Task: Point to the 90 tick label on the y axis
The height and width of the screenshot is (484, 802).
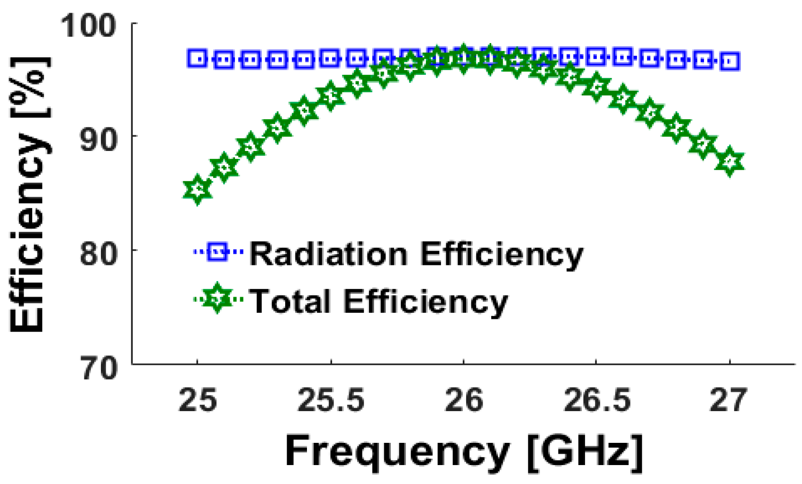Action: (98, 139)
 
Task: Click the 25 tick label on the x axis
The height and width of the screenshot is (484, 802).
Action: (198, 400)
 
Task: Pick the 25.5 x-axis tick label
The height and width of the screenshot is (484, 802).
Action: (331, 400)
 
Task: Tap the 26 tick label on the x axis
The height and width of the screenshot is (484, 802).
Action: (464, 400)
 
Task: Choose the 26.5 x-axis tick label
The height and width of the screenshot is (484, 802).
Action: (596, 400)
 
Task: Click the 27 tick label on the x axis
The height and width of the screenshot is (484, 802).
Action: (728, 400)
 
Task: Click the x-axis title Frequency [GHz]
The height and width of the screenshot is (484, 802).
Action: (464, 451)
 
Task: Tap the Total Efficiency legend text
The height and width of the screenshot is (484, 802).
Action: (378, 301)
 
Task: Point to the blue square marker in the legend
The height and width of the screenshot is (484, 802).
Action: (217, 252)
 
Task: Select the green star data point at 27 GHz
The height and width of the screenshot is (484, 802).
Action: (730, 161)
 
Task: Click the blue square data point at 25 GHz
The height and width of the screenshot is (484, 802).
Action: (198, 59)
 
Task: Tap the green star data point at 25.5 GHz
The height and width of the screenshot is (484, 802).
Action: (331, 96)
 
